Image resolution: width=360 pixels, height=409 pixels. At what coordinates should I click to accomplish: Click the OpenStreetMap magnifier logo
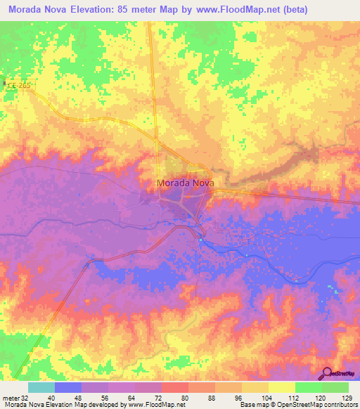pos(327,373)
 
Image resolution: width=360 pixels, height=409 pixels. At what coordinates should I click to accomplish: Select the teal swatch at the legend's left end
pos(41,387)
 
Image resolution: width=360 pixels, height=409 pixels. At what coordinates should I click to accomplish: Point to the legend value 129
pos(348,397)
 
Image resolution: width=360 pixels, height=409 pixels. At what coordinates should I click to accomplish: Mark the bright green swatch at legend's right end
pos(335,387)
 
